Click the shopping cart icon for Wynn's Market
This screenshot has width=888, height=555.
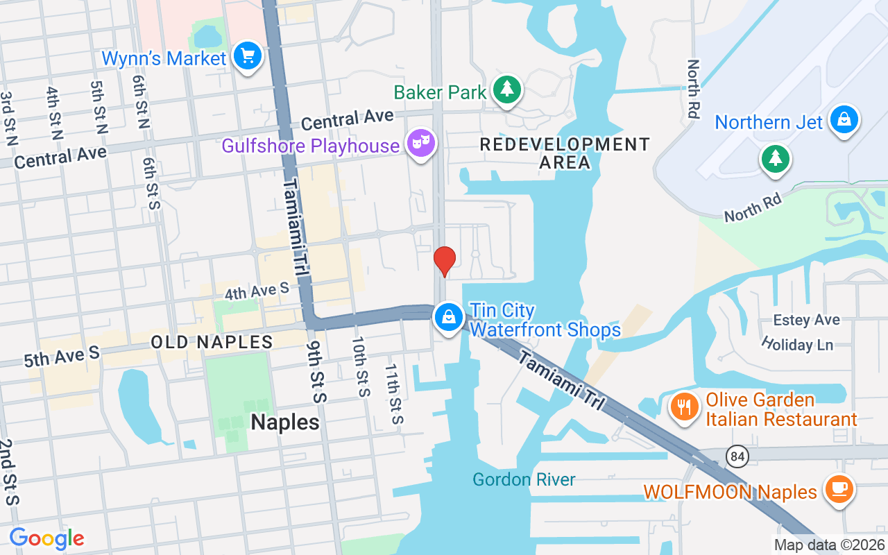tap(247, 55)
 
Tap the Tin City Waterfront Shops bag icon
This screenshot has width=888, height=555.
tap(449, 318)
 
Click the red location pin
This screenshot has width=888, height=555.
tap(444, 262)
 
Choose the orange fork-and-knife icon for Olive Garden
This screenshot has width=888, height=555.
tap(685, 407)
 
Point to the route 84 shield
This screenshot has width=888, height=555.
tap(737, 456)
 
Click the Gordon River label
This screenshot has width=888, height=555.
tap(524, 480)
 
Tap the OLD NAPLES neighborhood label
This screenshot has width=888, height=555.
tap(212, 342)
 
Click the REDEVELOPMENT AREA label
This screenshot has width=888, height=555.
tap(565, 153)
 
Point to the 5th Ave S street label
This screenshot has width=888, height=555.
tap(62, 356)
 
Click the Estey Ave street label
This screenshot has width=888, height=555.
tap(807, 320)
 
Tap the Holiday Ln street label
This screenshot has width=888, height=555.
tap(796, 344)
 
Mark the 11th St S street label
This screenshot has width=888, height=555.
tap(393, 394)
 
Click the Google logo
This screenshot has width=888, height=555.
tap(46, 538)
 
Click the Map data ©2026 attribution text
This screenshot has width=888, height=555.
tap(829, 545)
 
